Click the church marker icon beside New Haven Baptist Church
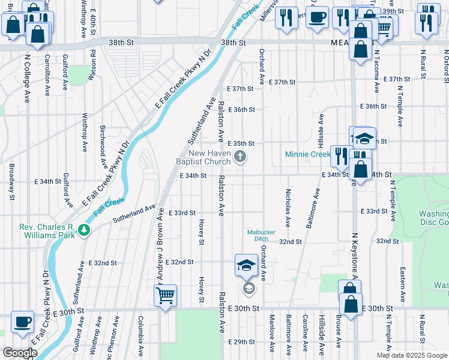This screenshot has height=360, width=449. tap(241, 157)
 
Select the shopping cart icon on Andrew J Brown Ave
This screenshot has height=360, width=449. tap(165, 295)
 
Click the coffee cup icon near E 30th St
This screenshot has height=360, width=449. tap(23, 322)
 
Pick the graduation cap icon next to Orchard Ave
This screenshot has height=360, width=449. tap(246, 266)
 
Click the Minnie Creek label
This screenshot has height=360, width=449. tap(307, 155)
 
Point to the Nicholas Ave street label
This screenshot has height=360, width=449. tap(288, 208)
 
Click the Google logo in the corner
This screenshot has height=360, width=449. tap(19, 353)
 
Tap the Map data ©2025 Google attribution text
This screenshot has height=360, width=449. tap(411, 355)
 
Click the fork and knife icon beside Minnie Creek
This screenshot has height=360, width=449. tap(340, 155)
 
